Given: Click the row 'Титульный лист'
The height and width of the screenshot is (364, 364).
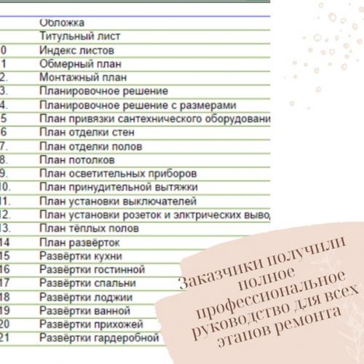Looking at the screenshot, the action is pyautogui.click(x=80, y=36).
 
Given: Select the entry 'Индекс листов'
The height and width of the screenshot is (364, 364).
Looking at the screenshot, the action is pyautogui.click(x=75, y=50).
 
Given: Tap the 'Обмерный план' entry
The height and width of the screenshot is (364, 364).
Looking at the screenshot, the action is pyautogui.click(x=76, y=63).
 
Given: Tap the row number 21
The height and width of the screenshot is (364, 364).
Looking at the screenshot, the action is pyautogui.click(x=4, y=338).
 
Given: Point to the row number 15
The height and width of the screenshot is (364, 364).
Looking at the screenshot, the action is pyautogui.click(x=4, y=256).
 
